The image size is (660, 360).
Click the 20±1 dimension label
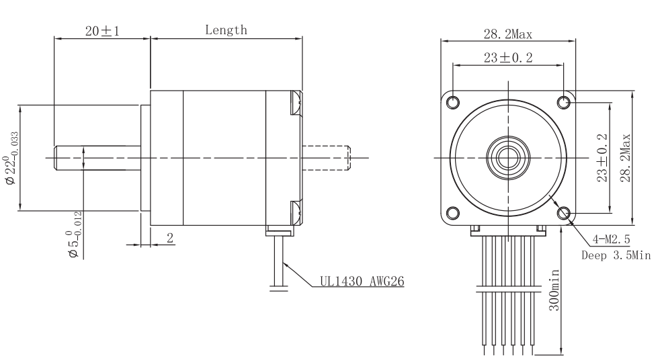click(x=103, y=31)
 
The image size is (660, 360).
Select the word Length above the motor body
click(x=226, y=30)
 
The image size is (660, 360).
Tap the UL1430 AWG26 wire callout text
click(x=362, y=281)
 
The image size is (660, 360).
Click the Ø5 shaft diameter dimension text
click(x=74, y=234)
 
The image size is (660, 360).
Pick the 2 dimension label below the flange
click(x=170, y=238)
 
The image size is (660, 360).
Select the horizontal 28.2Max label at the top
click(x=507, y=34)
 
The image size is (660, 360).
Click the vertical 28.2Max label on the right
click(x=626, y=158)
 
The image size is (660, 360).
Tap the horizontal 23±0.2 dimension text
click(x=508, y=58)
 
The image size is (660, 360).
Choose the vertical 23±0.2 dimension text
click(x=602, y=158)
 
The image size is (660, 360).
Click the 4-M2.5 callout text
click(x=611, y=239)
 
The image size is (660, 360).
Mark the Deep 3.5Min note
click(x=616, y=255)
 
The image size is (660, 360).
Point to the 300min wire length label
click(x=554, y=290)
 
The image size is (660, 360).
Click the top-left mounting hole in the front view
click(x=452, y=102)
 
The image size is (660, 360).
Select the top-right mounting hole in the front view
click(x=564, y=102)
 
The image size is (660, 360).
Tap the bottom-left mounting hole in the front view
click(x=452, y=213)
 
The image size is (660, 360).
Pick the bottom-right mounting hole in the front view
click(x=564, y=213)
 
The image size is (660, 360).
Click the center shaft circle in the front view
click(x=508, y=158)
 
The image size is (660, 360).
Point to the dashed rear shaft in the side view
click(x=327, y=158)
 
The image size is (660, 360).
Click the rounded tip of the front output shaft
click(x=54, y=158)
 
